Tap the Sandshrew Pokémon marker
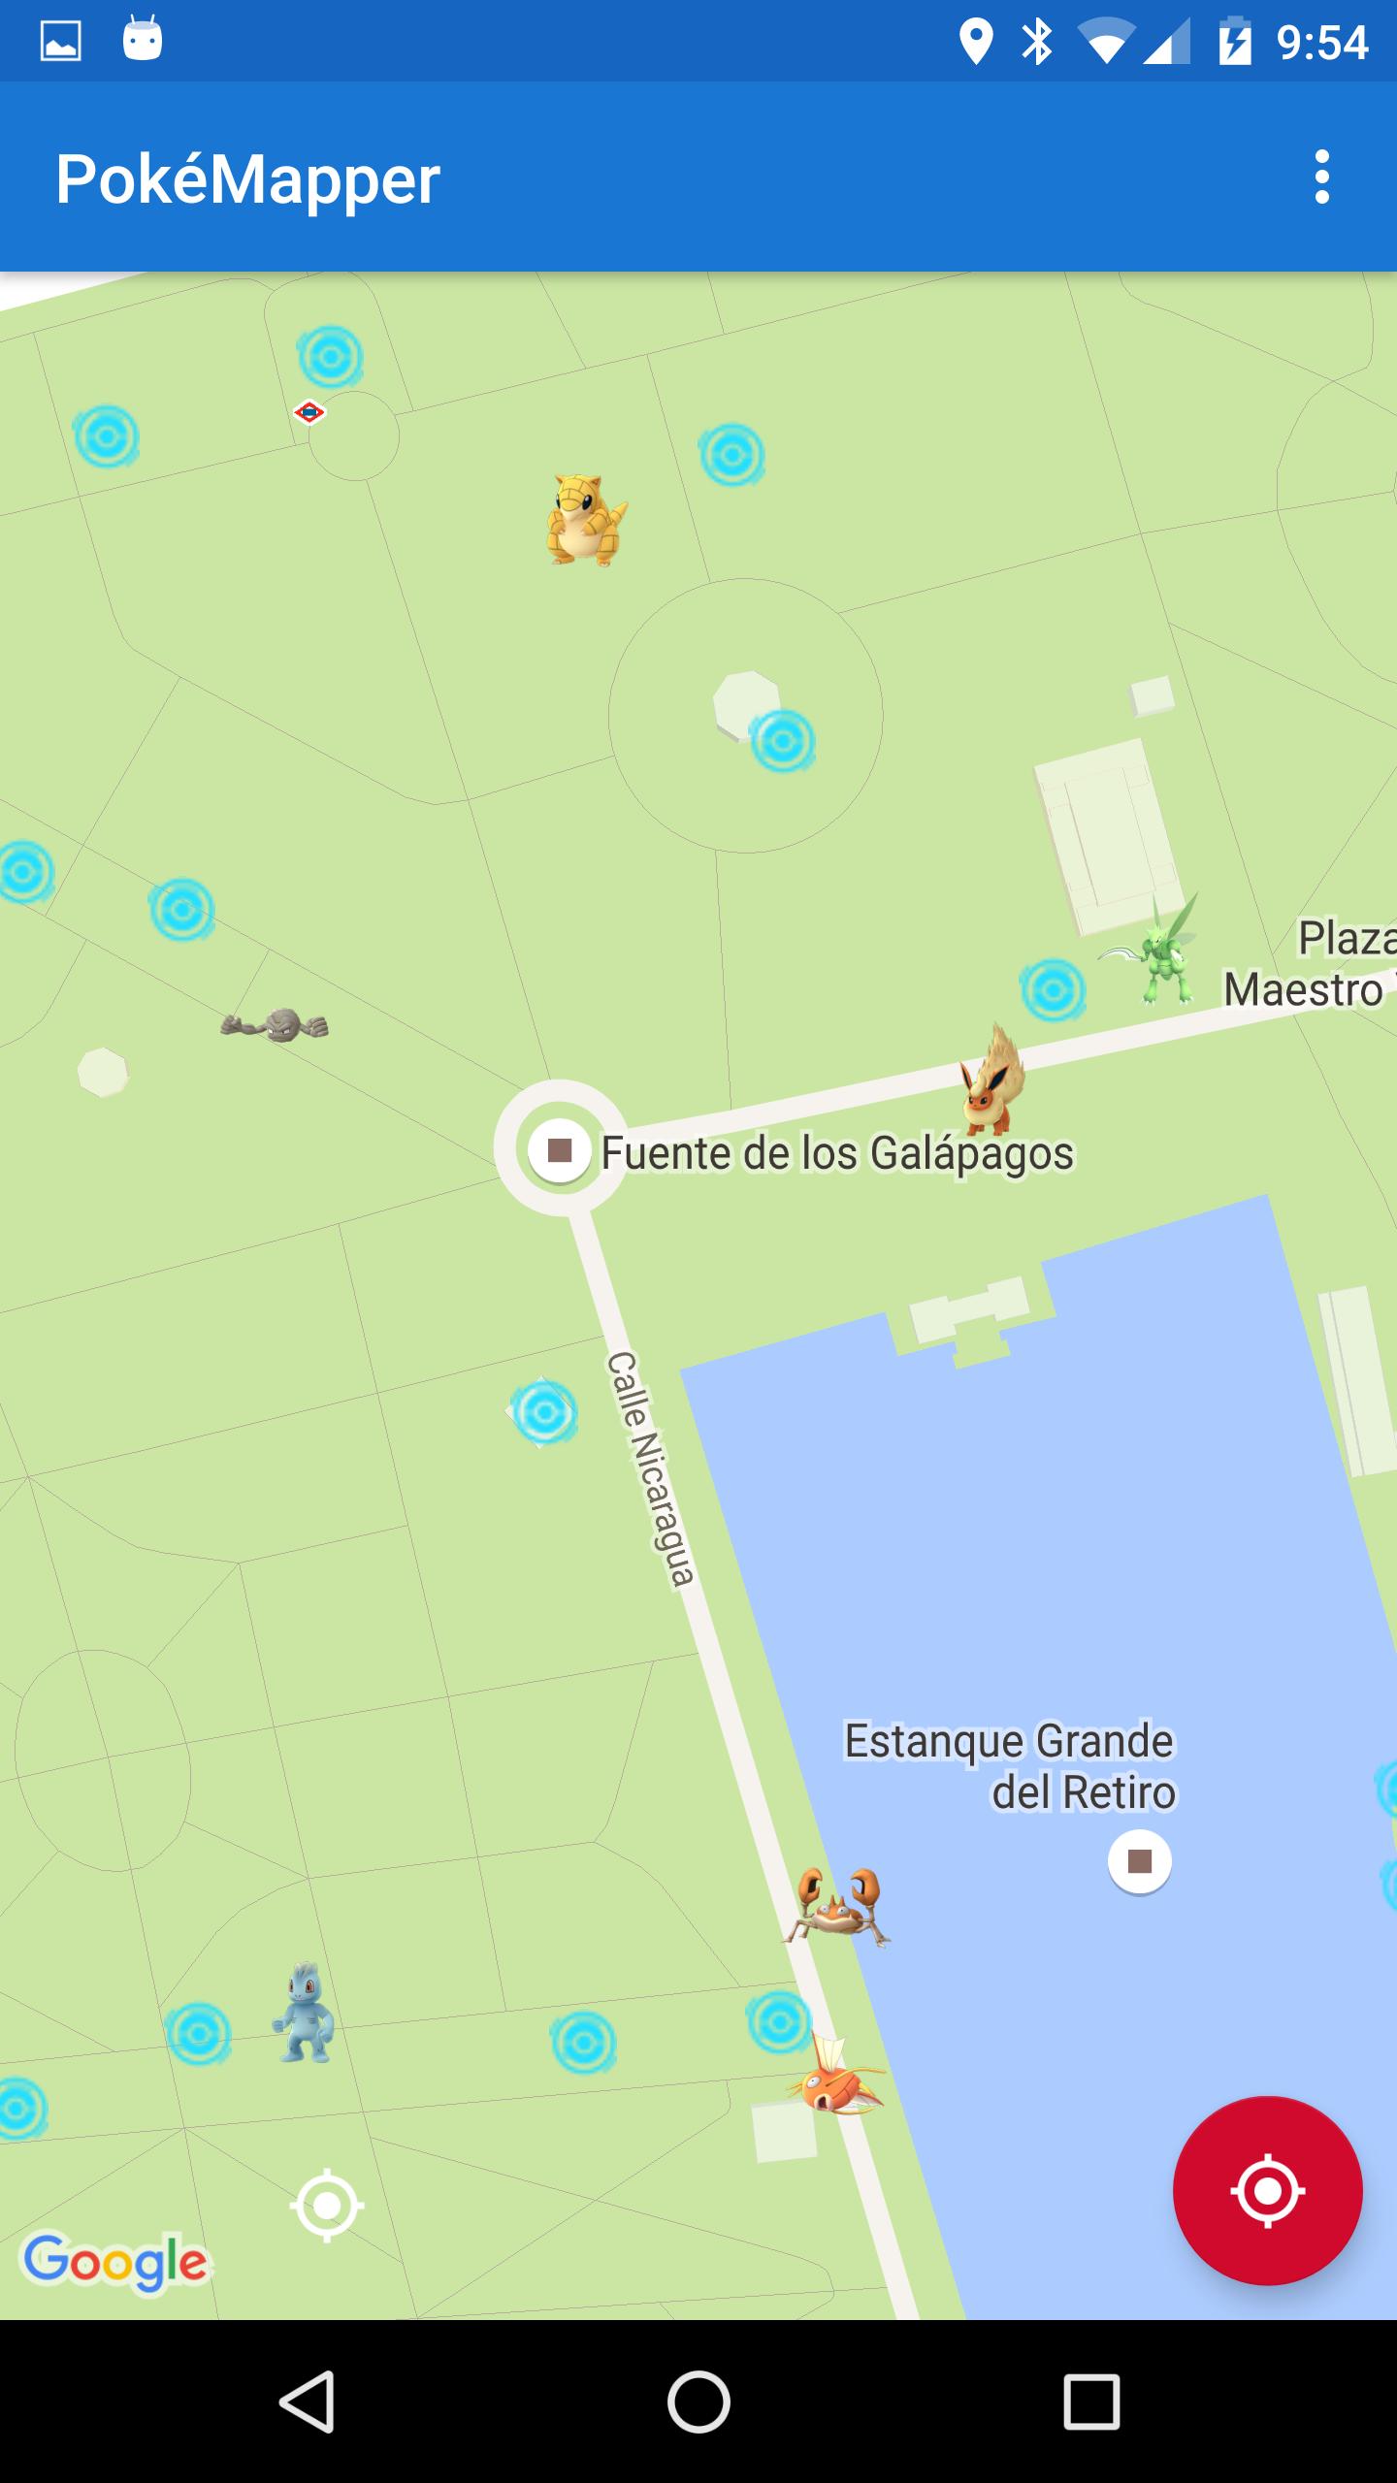[x=585, y=520]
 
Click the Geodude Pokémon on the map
[x=275, y=1024]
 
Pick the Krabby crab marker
[x=836, y=1907]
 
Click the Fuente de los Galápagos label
[x=836, y=1153]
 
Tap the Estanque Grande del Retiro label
[x=1009, y=1766]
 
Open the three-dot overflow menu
[x=1321, y=177]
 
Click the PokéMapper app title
[x=247, y=179]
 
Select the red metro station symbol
[x=309, y=413]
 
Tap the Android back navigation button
[x=308, y=2402]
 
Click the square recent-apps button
[x=1091, y=2402]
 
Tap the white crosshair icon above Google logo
[x=327, y=2206]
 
